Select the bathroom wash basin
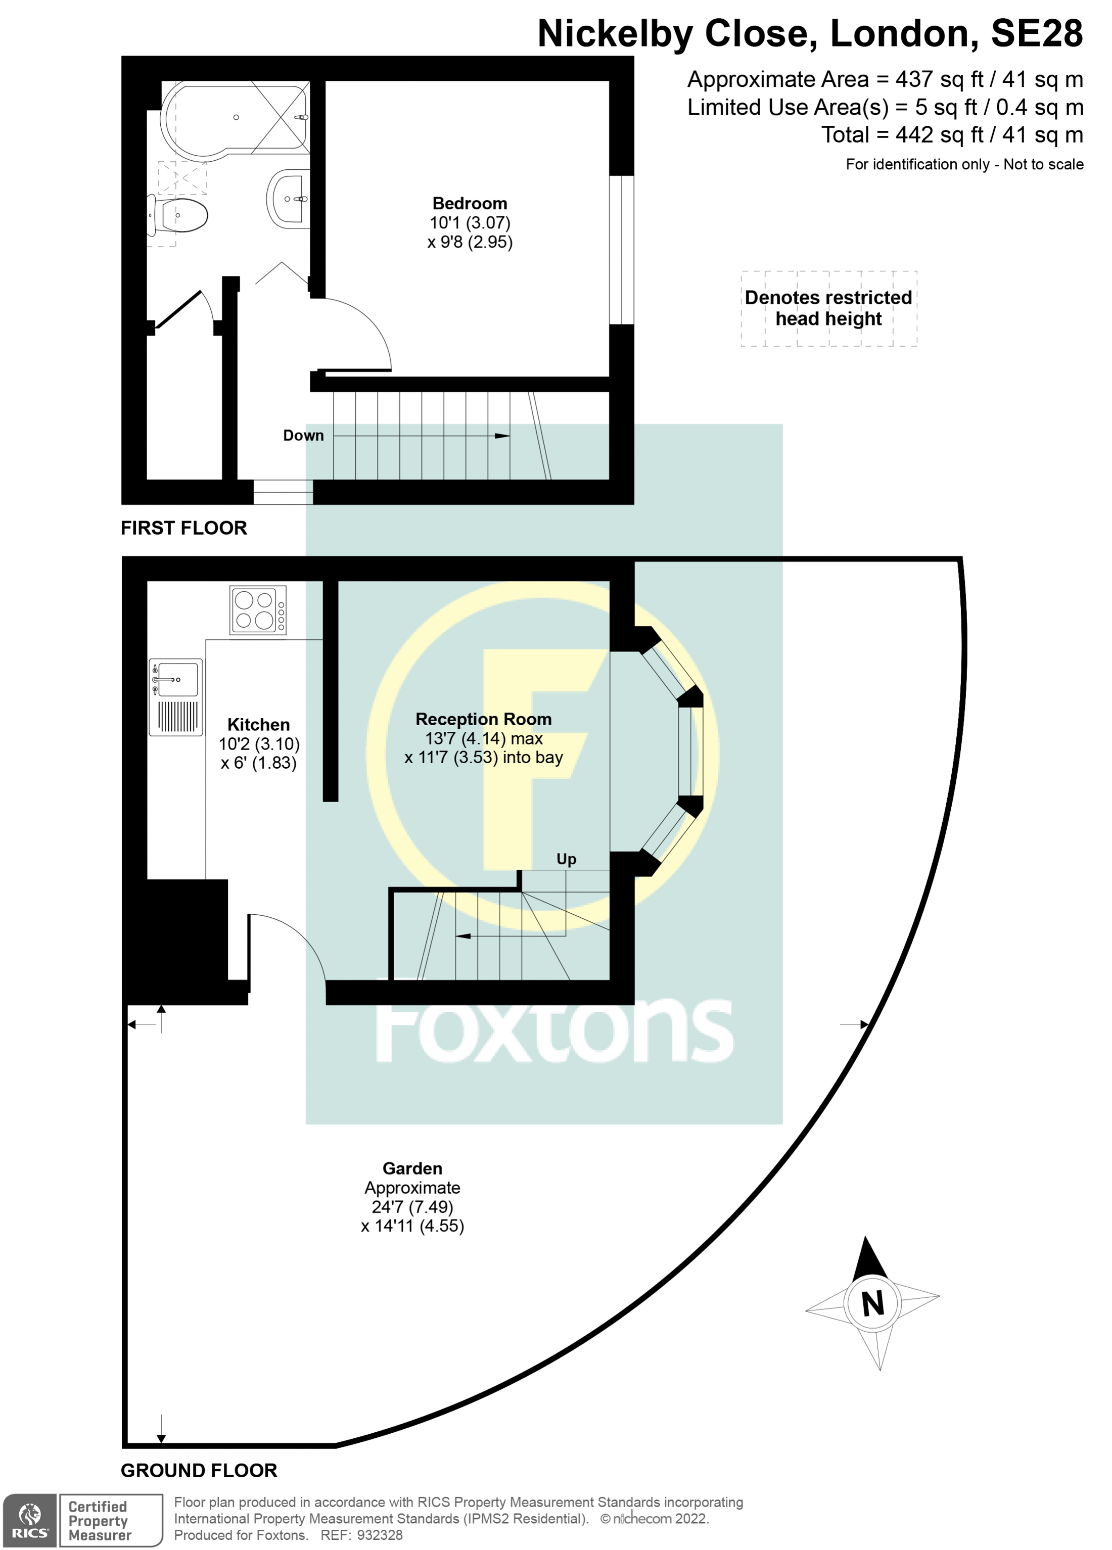[289, 199]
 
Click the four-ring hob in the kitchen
[257, 610]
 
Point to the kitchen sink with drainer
[176, 696]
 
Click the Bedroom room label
[470, 204]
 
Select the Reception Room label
[483, 719]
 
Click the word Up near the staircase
[566, 859]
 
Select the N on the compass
[873, 1304]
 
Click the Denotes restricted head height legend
[828, 308]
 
